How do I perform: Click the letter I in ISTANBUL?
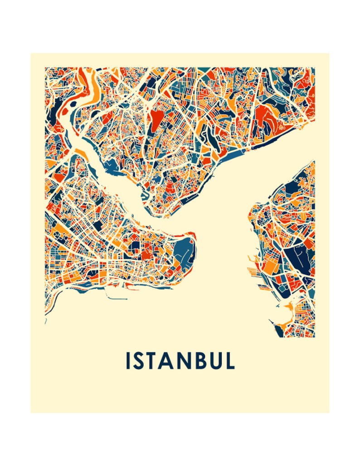[128, 360]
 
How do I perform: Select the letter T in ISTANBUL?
[154, 360]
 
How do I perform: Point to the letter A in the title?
[169, 360]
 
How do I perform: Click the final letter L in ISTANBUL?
[229, 360]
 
